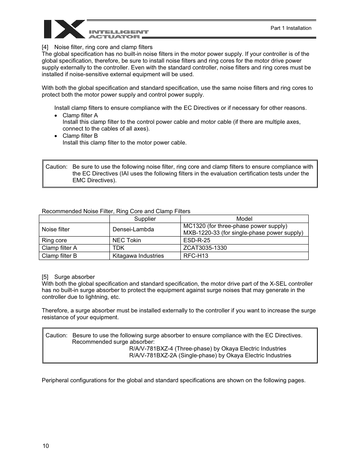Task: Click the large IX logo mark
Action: pos(64,29)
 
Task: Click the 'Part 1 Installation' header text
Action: pos(291,28)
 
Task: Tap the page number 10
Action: pos(46,446)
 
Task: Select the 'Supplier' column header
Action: pos(145,219)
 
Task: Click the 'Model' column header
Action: pos(244,219)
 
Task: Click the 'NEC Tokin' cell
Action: pos(127,240)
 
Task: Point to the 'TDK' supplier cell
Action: pos(118,248)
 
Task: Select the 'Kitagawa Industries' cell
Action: pos(138,256)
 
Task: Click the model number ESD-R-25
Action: pos(197,240)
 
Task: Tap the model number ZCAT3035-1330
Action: pos(205,248)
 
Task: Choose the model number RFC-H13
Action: pos(195,256)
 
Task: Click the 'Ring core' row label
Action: pos(54,240)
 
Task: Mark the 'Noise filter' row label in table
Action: pos(56,229)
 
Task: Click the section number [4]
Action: pos(45,47)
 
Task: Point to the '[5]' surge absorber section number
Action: pos(45,277)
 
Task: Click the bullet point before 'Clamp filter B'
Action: pos(56,136)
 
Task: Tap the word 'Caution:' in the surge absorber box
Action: pos(56,335)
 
